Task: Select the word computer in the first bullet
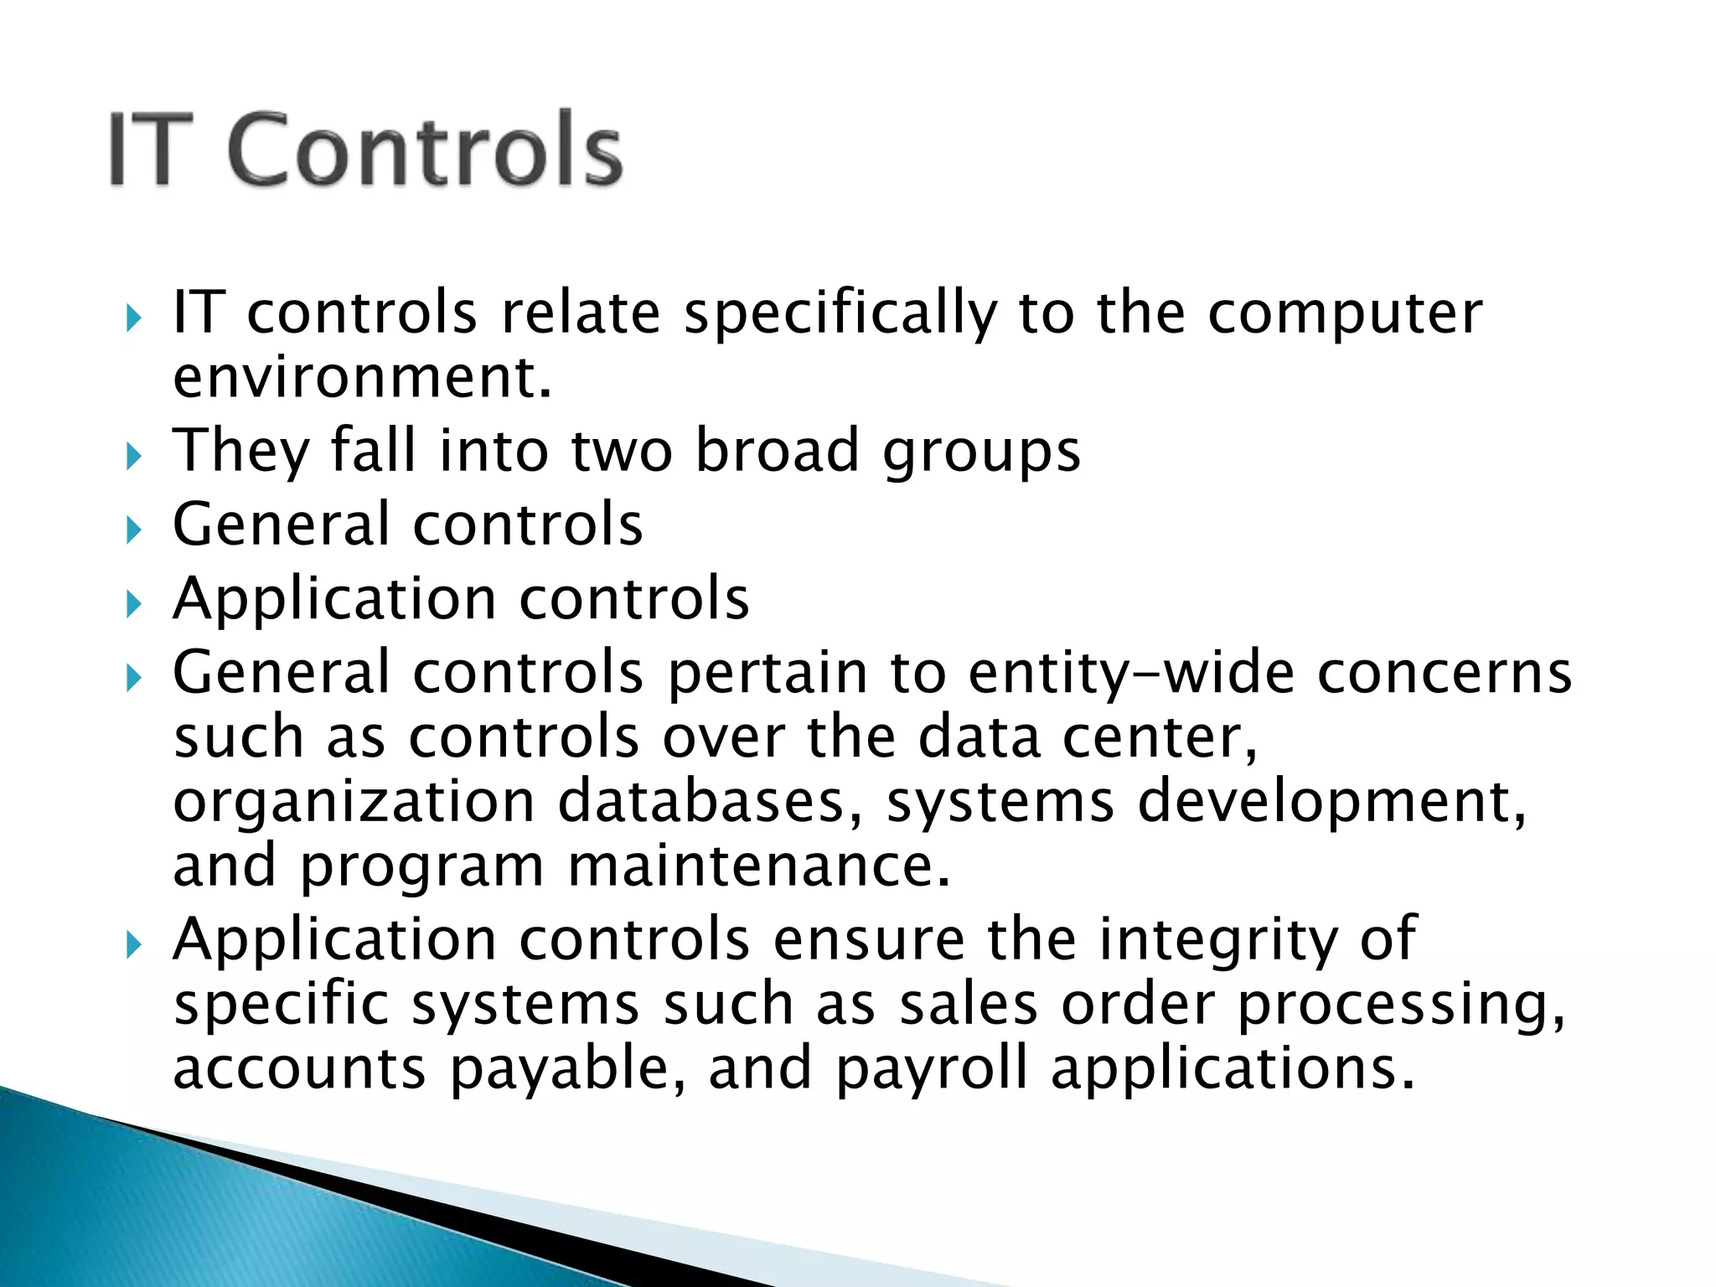(1344, 313)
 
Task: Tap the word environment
(361, 378)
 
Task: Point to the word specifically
(840, 313)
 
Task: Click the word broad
(778, 451)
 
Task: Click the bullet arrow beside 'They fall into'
(133, 457)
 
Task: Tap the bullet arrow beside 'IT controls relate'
(133, 318)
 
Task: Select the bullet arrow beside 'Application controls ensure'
(133, 945)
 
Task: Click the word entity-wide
(1131, 673)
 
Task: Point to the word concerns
(1445, 673)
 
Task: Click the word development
(1332, 802)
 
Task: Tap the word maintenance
(759, 866)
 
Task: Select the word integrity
(1218, 939)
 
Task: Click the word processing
(1401, 1005)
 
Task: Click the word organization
(354, 802)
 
